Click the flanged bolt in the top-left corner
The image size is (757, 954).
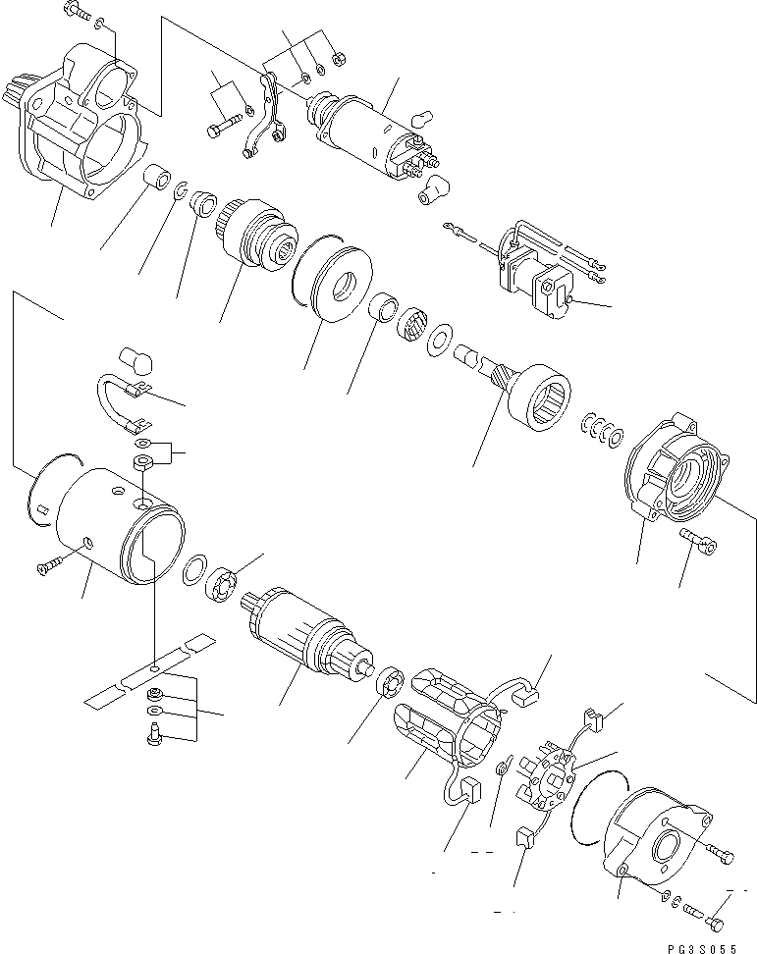pos(77,13)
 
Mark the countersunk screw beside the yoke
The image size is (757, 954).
pos(49,566)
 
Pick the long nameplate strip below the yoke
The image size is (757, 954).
pos(147,672)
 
